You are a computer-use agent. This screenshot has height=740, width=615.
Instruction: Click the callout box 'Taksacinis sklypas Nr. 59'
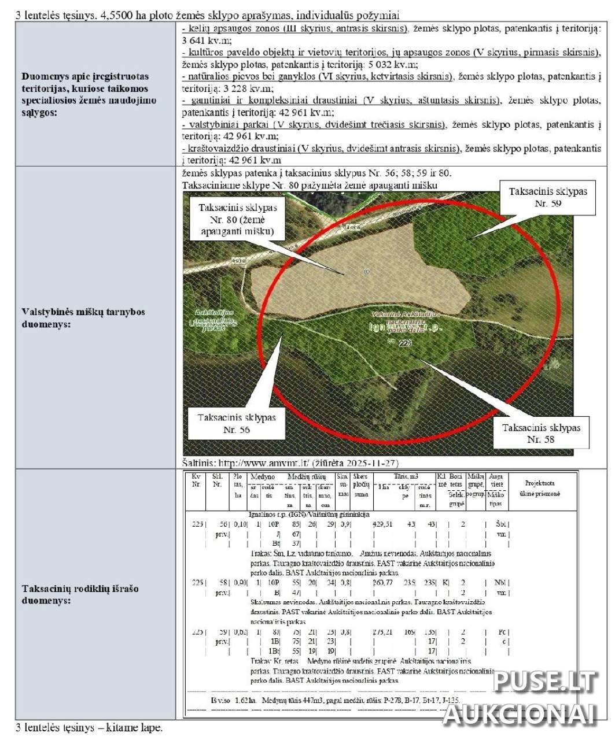point(547,197)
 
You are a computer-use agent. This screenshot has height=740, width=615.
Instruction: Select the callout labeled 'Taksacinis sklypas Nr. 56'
point(237,423)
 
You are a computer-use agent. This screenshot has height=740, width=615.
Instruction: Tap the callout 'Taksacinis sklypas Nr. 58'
point(541,433)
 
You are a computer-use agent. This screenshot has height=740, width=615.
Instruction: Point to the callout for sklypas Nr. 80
point(238,219)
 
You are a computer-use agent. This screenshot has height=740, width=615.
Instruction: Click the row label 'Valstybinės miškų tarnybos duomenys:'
point(83,318)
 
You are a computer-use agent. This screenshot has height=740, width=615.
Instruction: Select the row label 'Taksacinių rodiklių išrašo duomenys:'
point(80,594)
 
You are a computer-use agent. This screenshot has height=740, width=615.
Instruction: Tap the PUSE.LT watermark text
point(544,682)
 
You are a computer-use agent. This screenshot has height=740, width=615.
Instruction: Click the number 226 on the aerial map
point(405,343)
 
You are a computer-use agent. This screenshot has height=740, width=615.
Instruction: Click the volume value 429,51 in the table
point(383,524)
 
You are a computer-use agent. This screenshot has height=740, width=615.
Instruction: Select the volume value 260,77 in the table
point(383,582)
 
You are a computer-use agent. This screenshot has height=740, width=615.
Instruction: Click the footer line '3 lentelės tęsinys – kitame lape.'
point(89,727)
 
